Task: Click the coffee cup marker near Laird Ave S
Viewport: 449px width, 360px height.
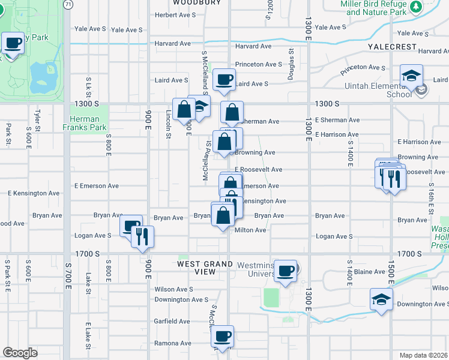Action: (x=224, y=79)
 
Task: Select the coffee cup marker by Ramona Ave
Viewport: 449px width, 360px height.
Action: (x=223, y=336)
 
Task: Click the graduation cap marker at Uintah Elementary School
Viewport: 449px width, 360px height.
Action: (x=411, y=76)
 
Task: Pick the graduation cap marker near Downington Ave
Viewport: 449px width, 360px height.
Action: (x=381, y=298)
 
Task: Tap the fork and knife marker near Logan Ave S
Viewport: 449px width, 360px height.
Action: (x=142, y=235)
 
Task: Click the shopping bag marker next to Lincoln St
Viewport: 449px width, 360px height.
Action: (x=184, y=109)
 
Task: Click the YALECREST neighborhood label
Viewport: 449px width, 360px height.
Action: (x=393, y=46)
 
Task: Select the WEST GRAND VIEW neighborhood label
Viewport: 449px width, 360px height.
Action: (x=205, y=268)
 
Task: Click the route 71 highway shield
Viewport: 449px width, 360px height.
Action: (x=69, y=4)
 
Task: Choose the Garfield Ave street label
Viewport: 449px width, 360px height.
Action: (x=172, y=322)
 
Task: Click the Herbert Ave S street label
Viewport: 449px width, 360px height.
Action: (x=175, y=15)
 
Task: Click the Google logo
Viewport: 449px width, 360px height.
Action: (x=20, y=353)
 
